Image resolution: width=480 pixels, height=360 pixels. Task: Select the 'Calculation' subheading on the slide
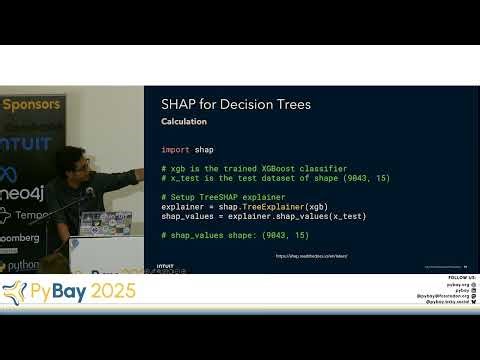tap(184, 122)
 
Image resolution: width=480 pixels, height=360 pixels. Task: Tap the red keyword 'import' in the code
tap(176, 150)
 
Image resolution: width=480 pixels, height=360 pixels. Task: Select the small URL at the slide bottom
tap(312, 257)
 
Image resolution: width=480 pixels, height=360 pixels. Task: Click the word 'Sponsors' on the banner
tap(32, 104)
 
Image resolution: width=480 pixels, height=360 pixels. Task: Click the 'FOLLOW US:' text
tap(461, 276)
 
